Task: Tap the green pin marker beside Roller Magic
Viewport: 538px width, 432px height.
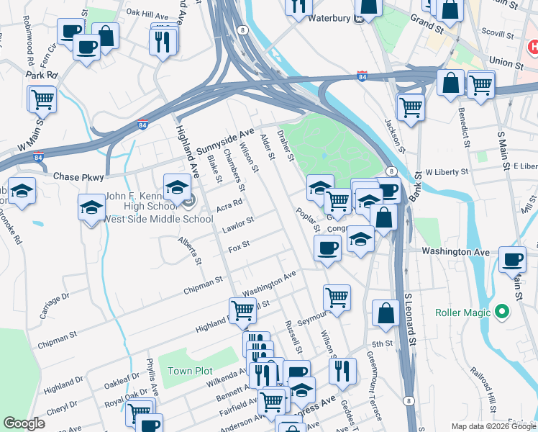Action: click(502, 312)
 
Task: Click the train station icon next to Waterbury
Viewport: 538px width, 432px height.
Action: click(359, 19)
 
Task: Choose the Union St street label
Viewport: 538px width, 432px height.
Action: click(503, 63)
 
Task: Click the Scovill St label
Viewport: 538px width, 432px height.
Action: click(496, 32)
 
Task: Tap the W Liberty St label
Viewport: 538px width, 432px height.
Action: click(447, 173)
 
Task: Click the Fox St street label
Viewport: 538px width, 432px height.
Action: click(239, 246)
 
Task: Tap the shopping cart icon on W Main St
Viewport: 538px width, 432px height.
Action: click(42, 99)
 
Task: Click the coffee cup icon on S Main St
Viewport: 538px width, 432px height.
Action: click(512, 259)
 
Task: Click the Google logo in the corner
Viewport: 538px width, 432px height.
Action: click(24, 424)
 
